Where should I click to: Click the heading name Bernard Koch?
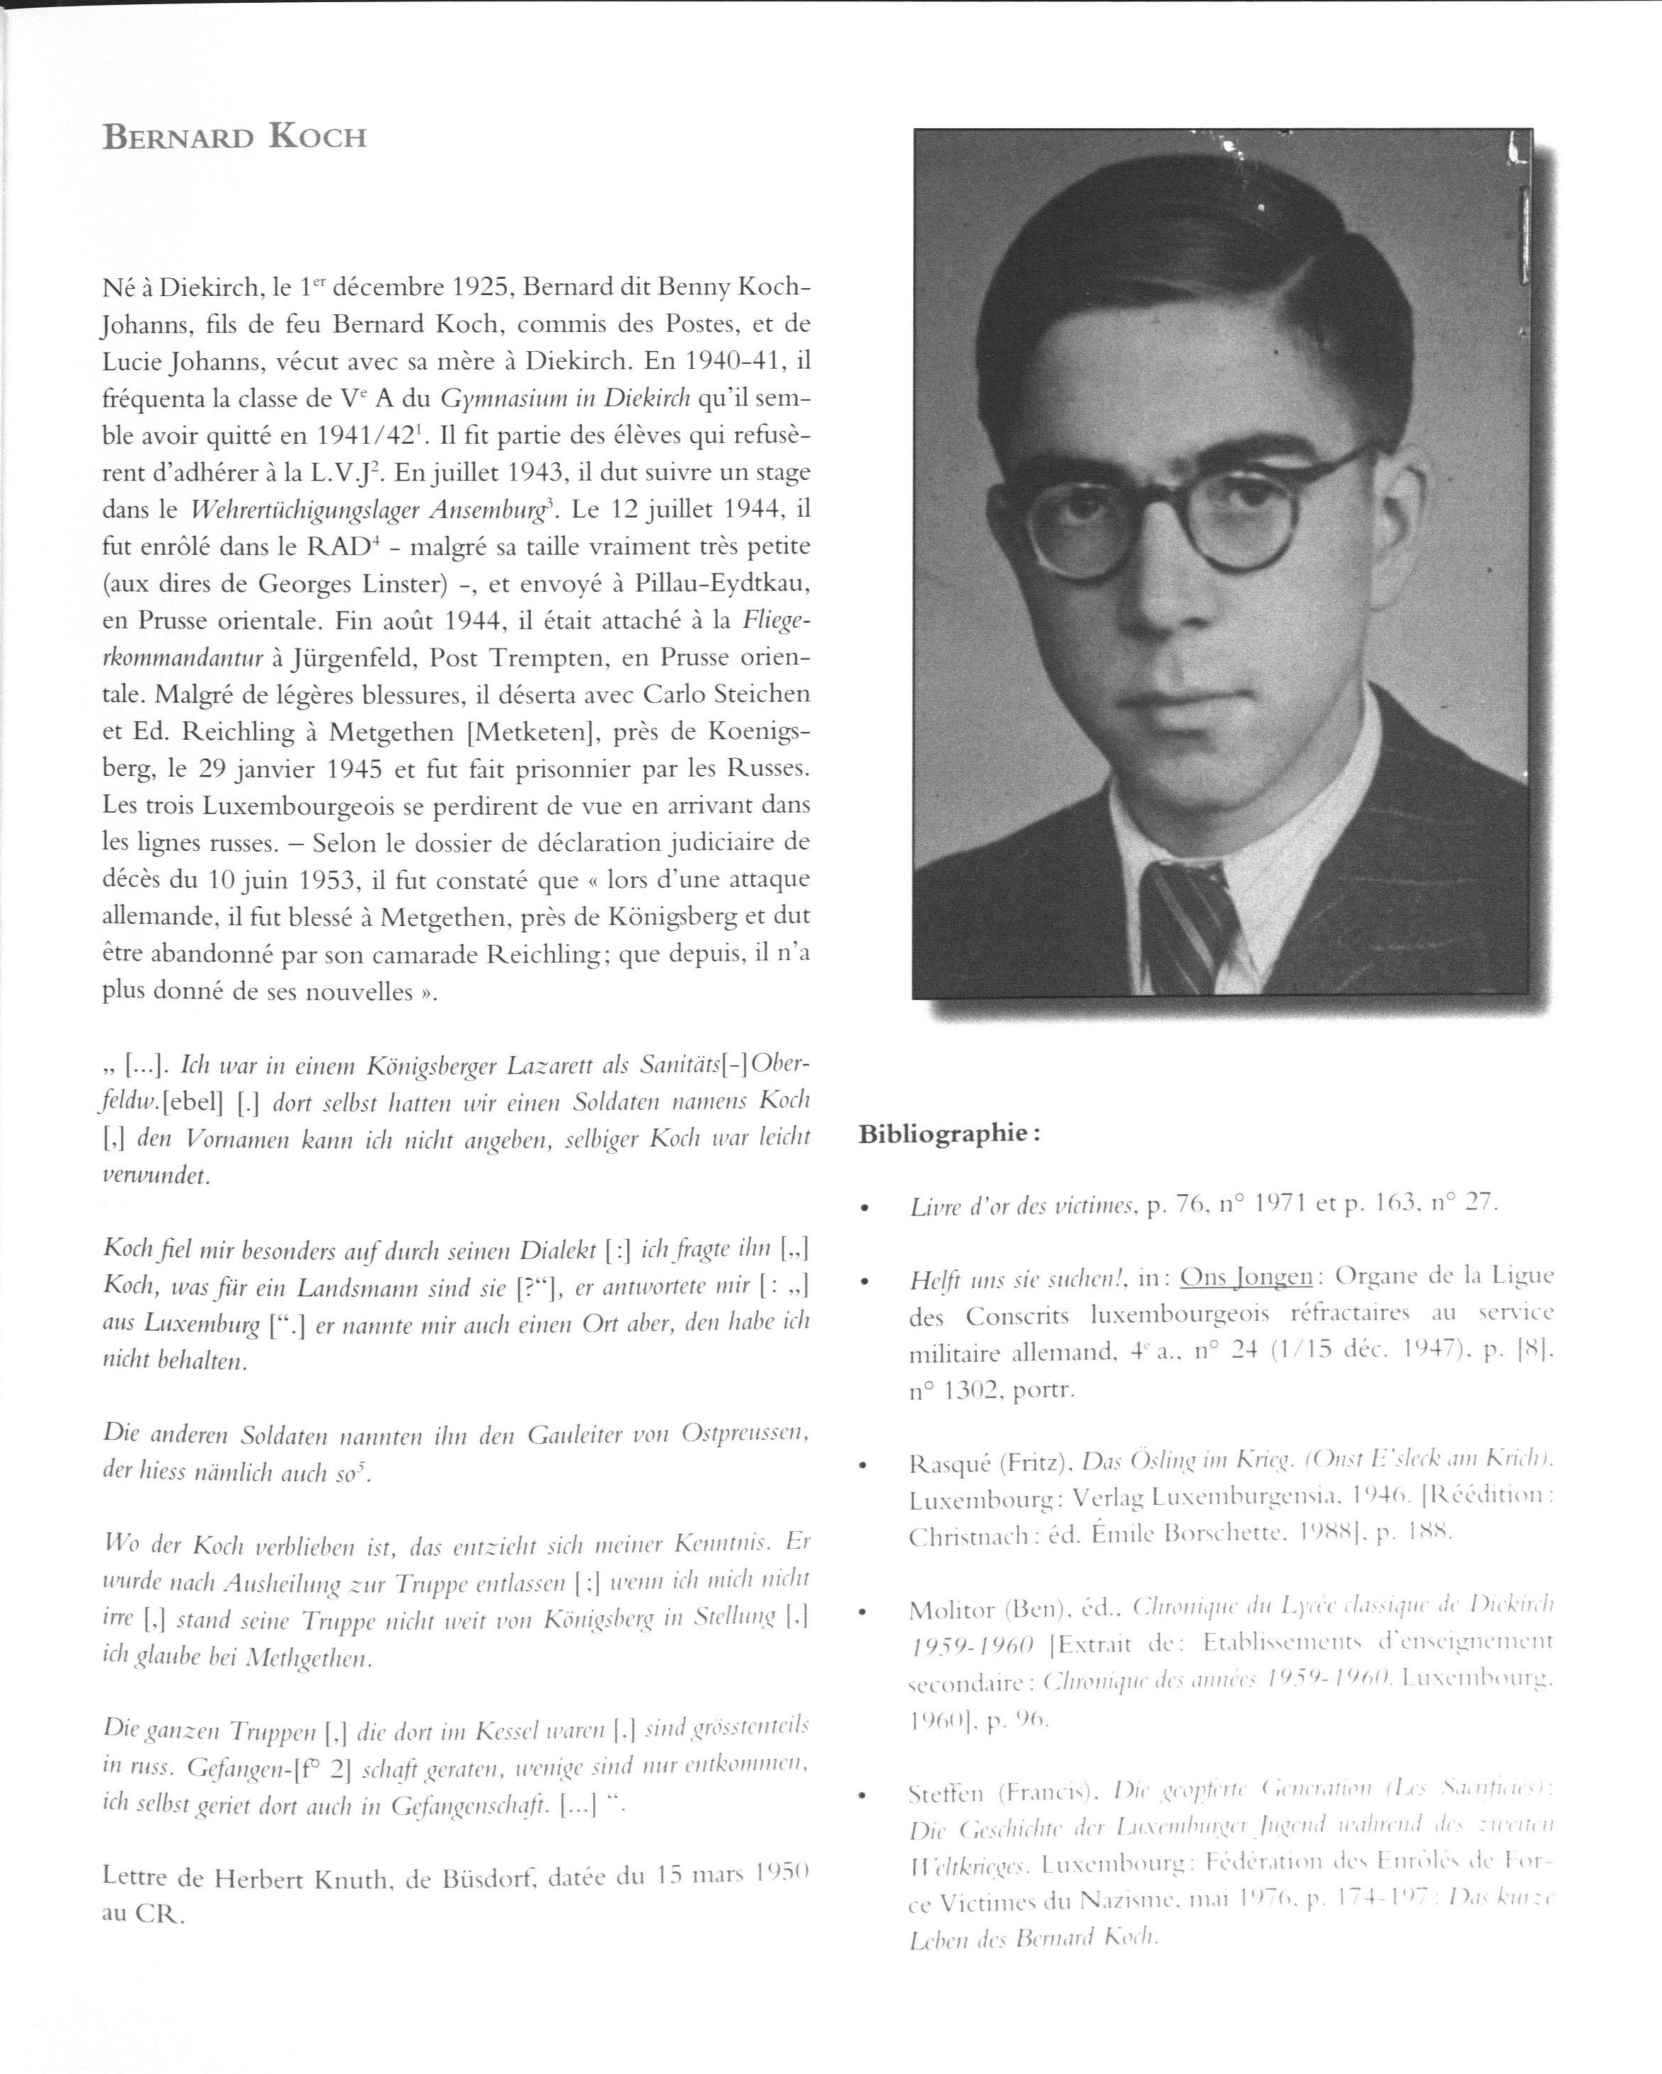pos(235,137)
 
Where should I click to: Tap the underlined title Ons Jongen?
pos(1246,1276)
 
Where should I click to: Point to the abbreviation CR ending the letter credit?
pos(159,1914)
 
